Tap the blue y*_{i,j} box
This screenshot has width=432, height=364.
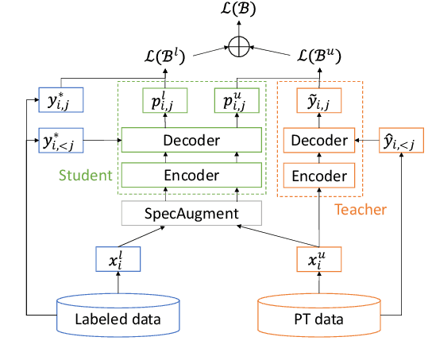pyautogui.click(x=61, y=103)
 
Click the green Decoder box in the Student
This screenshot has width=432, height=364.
pyautogui.click(x=191, y=141)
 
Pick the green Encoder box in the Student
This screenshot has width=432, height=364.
pyautogui.click(x=191, y=175)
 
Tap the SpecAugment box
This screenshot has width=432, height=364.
pyautogui.click(x=191, y=213)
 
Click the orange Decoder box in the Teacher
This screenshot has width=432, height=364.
pyautogui.click(x=318, y=141)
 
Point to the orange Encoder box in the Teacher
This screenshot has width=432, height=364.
pyautogui.click(x=318, y=175)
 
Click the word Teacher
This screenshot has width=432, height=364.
pyautogui.click(x=360, y=210)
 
